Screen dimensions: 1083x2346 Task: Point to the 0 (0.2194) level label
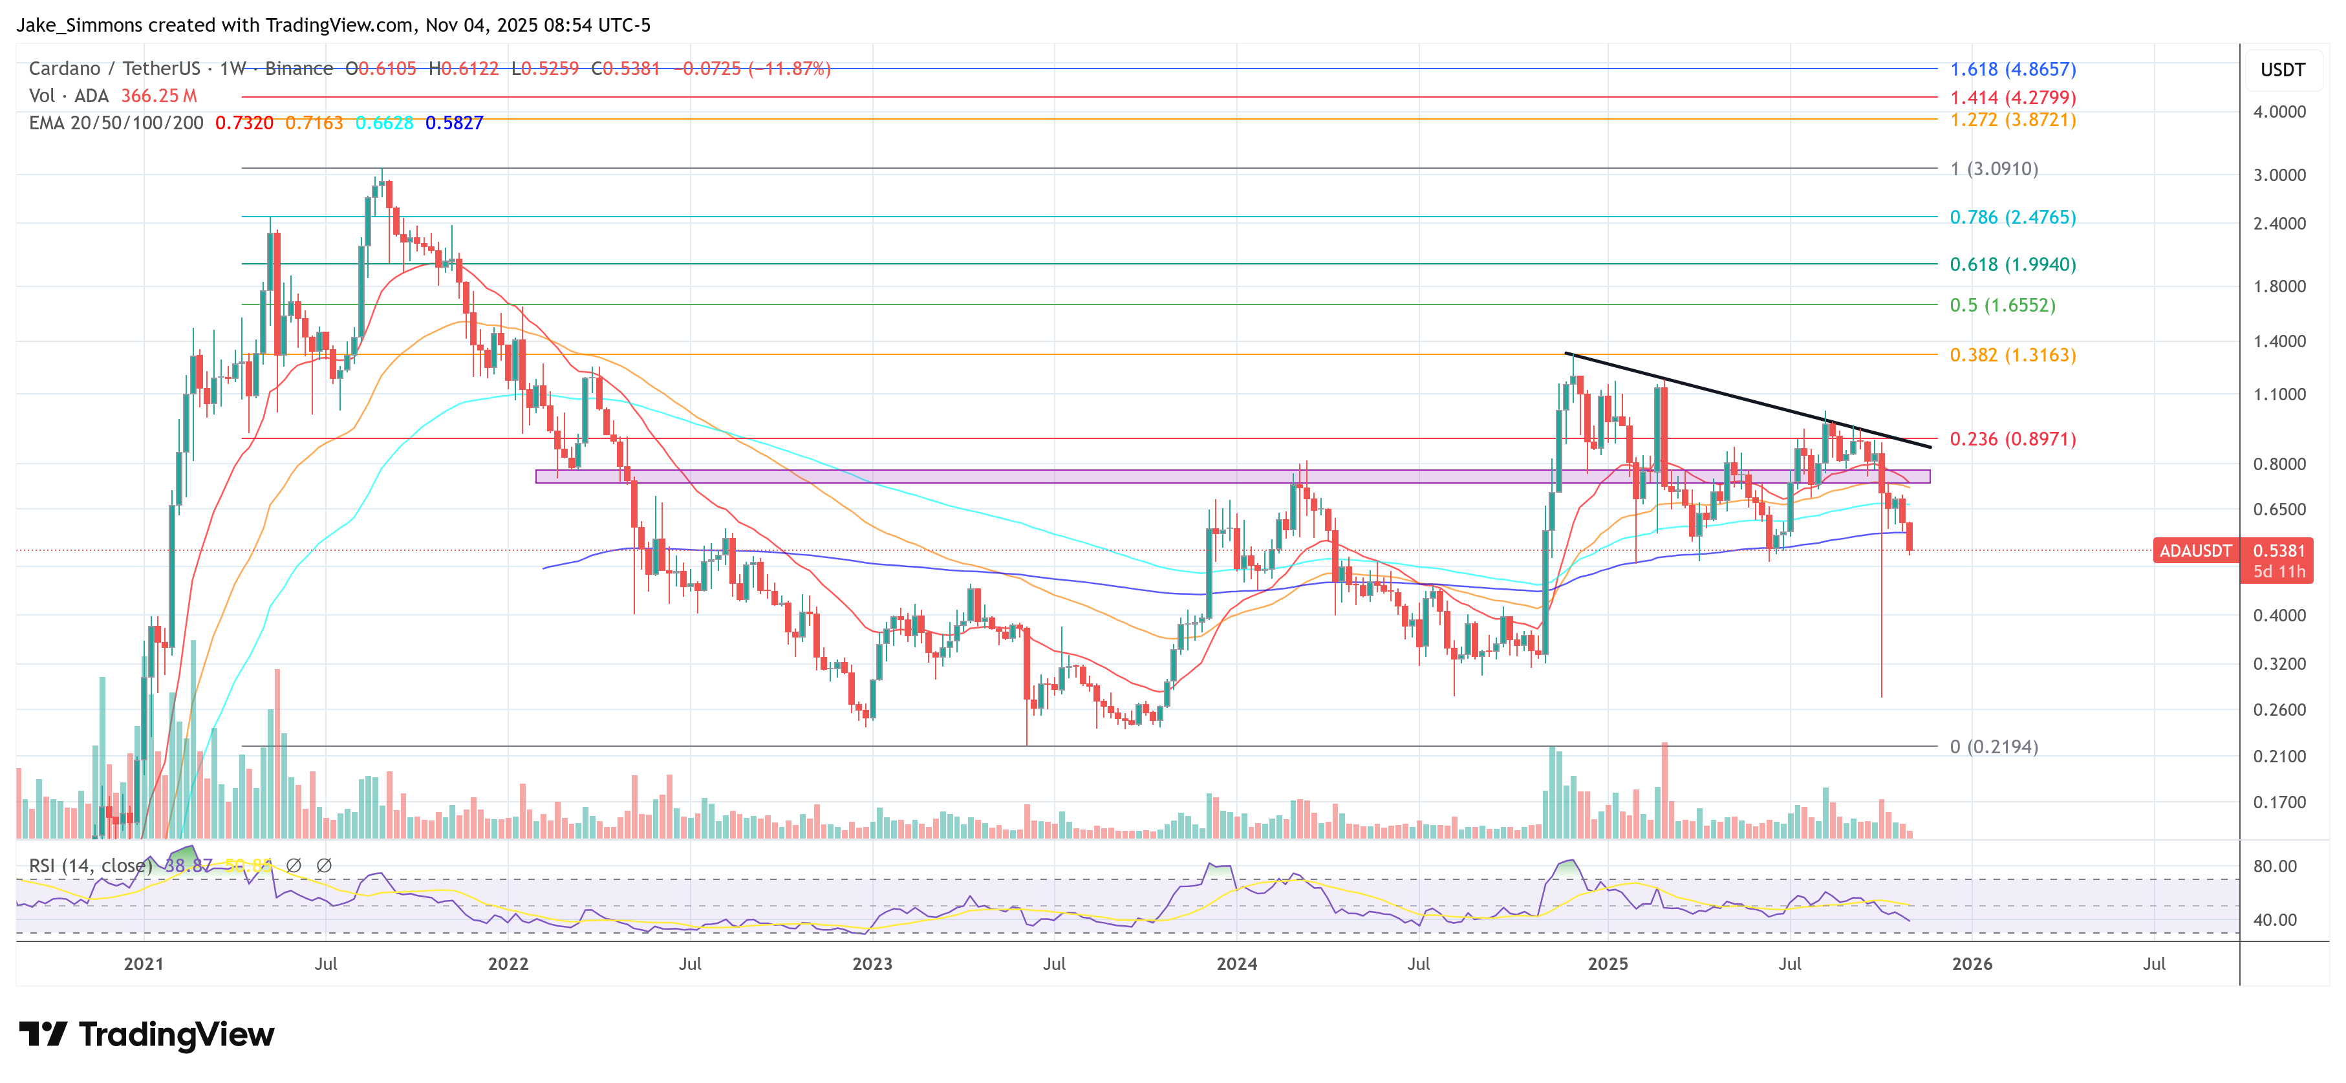[x=1993, y=747]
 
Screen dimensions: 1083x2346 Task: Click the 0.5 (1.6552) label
[x=2002, y=305]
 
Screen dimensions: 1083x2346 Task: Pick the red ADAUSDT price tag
[x=2195, y=551]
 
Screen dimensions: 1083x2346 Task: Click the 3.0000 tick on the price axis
[x=2279, y=175]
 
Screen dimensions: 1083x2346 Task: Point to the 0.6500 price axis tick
[x=2279, y=509]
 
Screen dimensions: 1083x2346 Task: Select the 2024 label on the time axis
[x=1236, y=963]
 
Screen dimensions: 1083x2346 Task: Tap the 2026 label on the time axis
[x=1972, y=963]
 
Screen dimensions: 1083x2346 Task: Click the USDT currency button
[x=2282, y=70]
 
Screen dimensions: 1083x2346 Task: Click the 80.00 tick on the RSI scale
[x=2274, y=866]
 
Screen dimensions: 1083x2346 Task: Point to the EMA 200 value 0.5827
[x=453, y=123]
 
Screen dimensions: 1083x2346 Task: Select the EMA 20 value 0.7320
[x=243, y=123]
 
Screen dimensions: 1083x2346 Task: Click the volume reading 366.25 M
[x=158, y=96]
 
